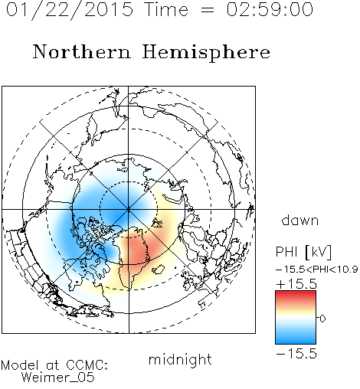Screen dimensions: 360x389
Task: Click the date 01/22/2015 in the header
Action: point(70,10)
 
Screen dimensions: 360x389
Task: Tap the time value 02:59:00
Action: point(270,9)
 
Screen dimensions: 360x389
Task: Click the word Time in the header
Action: point(166,9)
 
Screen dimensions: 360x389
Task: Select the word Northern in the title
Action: point(82,52)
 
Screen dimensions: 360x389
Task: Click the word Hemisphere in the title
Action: point(206,52)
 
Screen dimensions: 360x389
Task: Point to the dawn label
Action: point(300,221)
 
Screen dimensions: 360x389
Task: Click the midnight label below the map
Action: point(180,360)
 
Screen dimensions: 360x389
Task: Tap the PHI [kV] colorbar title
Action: point(303,252)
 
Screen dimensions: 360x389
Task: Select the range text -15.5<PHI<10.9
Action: point(317,270)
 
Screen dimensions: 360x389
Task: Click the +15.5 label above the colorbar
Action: point(296,284)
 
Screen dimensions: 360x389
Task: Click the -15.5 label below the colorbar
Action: point(296,354)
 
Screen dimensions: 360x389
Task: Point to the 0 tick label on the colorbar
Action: point(322,319)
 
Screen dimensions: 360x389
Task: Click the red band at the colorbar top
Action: point(296,294)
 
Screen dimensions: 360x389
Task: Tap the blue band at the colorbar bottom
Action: point(296,341)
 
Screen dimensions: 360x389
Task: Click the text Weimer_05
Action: point(58,378)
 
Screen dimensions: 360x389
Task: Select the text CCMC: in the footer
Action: point(87,365)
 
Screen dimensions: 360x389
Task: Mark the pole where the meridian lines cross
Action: point(129,210)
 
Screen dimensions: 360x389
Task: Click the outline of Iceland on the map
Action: point(159,270)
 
